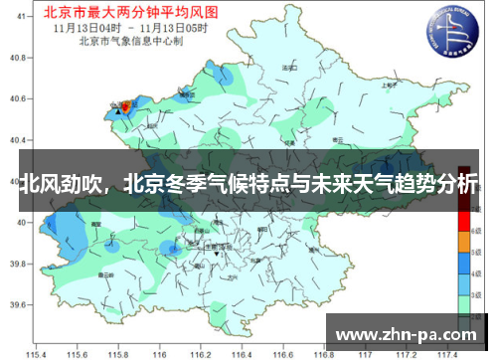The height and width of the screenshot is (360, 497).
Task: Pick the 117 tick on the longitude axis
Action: tap(364, 352)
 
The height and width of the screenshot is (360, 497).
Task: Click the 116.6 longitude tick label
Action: tap(282, 352)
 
